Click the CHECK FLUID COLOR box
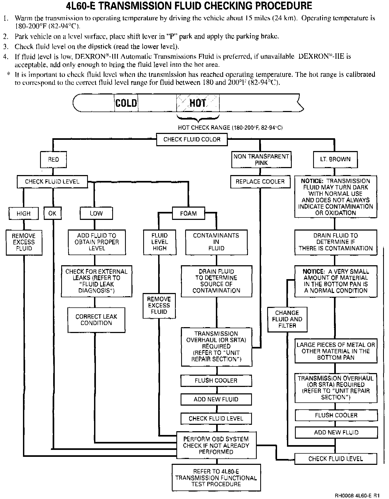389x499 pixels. pos(192,140)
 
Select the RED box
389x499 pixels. pos(53,160)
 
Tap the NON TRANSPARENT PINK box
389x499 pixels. pos(261,160)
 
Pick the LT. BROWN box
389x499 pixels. pos(335,159)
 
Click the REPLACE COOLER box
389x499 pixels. pos(260,182)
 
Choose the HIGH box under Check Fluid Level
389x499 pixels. pos(24,213)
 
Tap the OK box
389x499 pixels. pos(52,213)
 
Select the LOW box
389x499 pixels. pos(96,213)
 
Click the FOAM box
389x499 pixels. pos(188,213)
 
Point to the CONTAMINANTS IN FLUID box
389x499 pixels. pos(216,242)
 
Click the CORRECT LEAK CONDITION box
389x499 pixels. pos(96,320)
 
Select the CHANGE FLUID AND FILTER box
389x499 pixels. pos(287,319)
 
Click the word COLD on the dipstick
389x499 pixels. pos(126,103)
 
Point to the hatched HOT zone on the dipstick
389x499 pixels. pos(198,103)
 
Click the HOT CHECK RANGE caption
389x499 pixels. pos(230,128)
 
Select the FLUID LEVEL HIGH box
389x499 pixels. pos(160,242)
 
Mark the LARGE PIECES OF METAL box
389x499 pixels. pos(336,351)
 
